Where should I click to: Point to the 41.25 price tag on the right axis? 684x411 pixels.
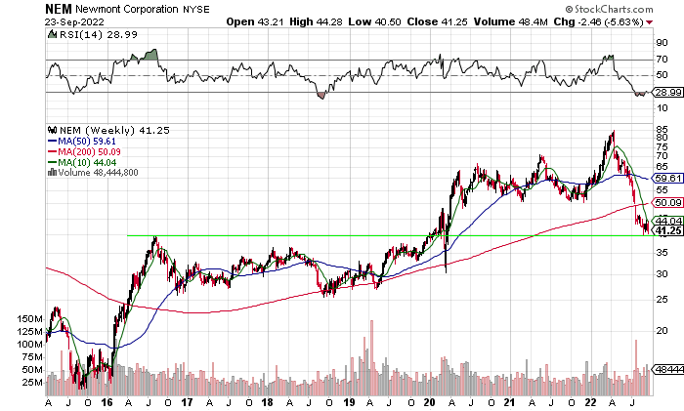pos(666,231)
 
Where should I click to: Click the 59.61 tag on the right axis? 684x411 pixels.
pos(666,179)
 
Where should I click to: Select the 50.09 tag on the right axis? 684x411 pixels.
pos(666,203)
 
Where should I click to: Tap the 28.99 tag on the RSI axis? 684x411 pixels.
pos(666,92)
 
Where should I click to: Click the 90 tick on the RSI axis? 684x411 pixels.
pos(662,42)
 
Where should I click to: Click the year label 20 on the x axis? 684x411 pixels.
pos(430,401)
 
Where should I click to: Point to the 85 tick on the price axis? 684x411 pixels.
pos(662,130)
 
